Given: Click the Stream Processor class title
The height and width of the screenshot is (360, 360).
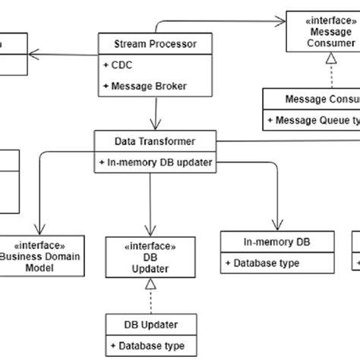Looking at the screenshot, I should (x=154, y=44).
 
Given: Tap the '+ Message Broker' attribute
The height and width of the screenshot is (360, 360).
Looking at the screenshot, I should (x=144, y=86).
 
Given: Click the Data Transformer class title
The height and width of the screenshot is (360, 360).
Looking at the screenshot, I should (x=155, y=141).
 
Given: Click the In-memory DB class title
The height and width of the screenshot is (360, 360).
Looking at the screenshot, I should (x=277, y=242).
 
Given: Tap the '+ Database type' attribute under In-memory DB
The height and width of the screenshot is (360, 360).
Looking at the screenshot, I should (x=262, y=263).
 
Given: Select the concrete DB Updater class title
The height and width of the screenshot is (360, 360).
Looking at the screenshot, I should (x=151, y=324).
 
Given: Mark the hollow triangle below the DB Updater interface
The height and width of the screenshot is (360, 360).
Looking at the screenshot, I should (x=151, y=284).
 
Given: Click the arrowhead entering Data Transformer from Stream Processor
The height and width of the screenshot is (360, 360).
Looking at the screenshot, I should (x=155, y=126).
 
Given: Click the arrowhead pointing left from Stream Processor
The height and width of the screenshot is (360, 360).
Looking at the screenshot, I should (x=33, y=53).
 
